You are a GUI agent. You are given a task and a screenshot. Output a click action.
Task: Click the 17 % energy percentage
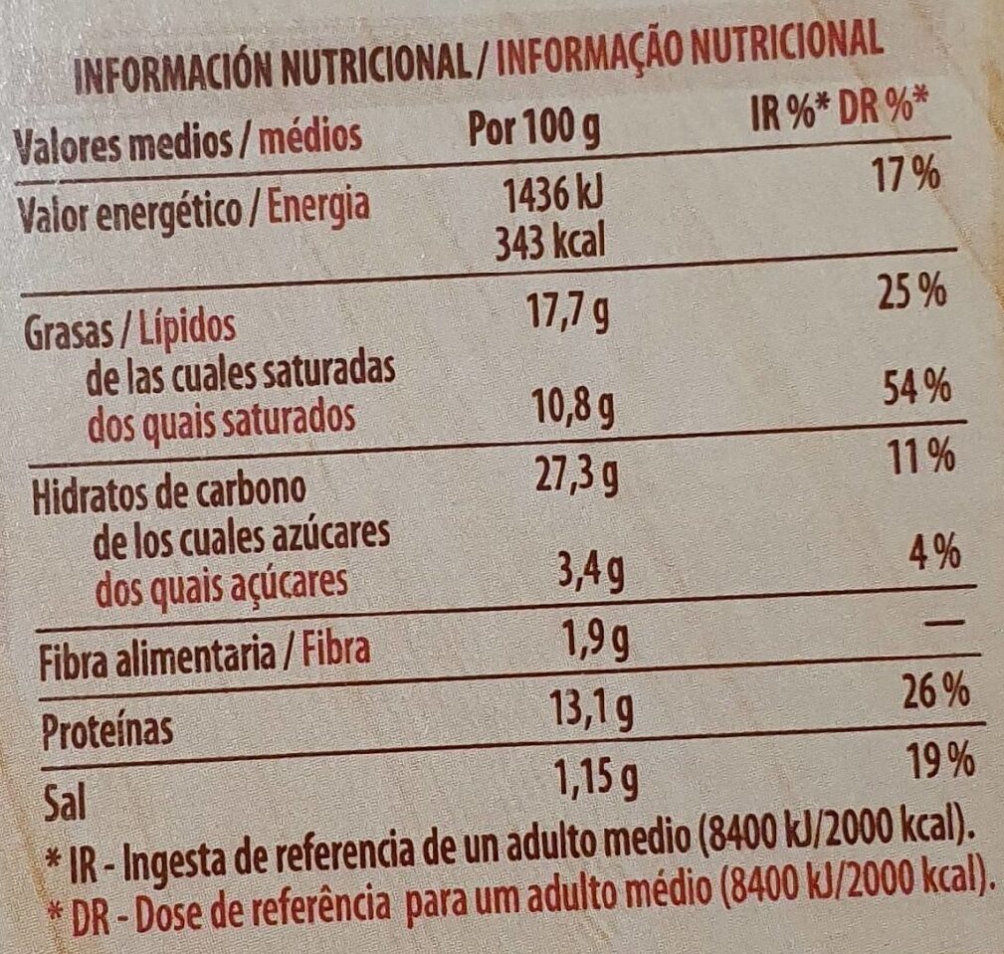pos(903,175)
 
